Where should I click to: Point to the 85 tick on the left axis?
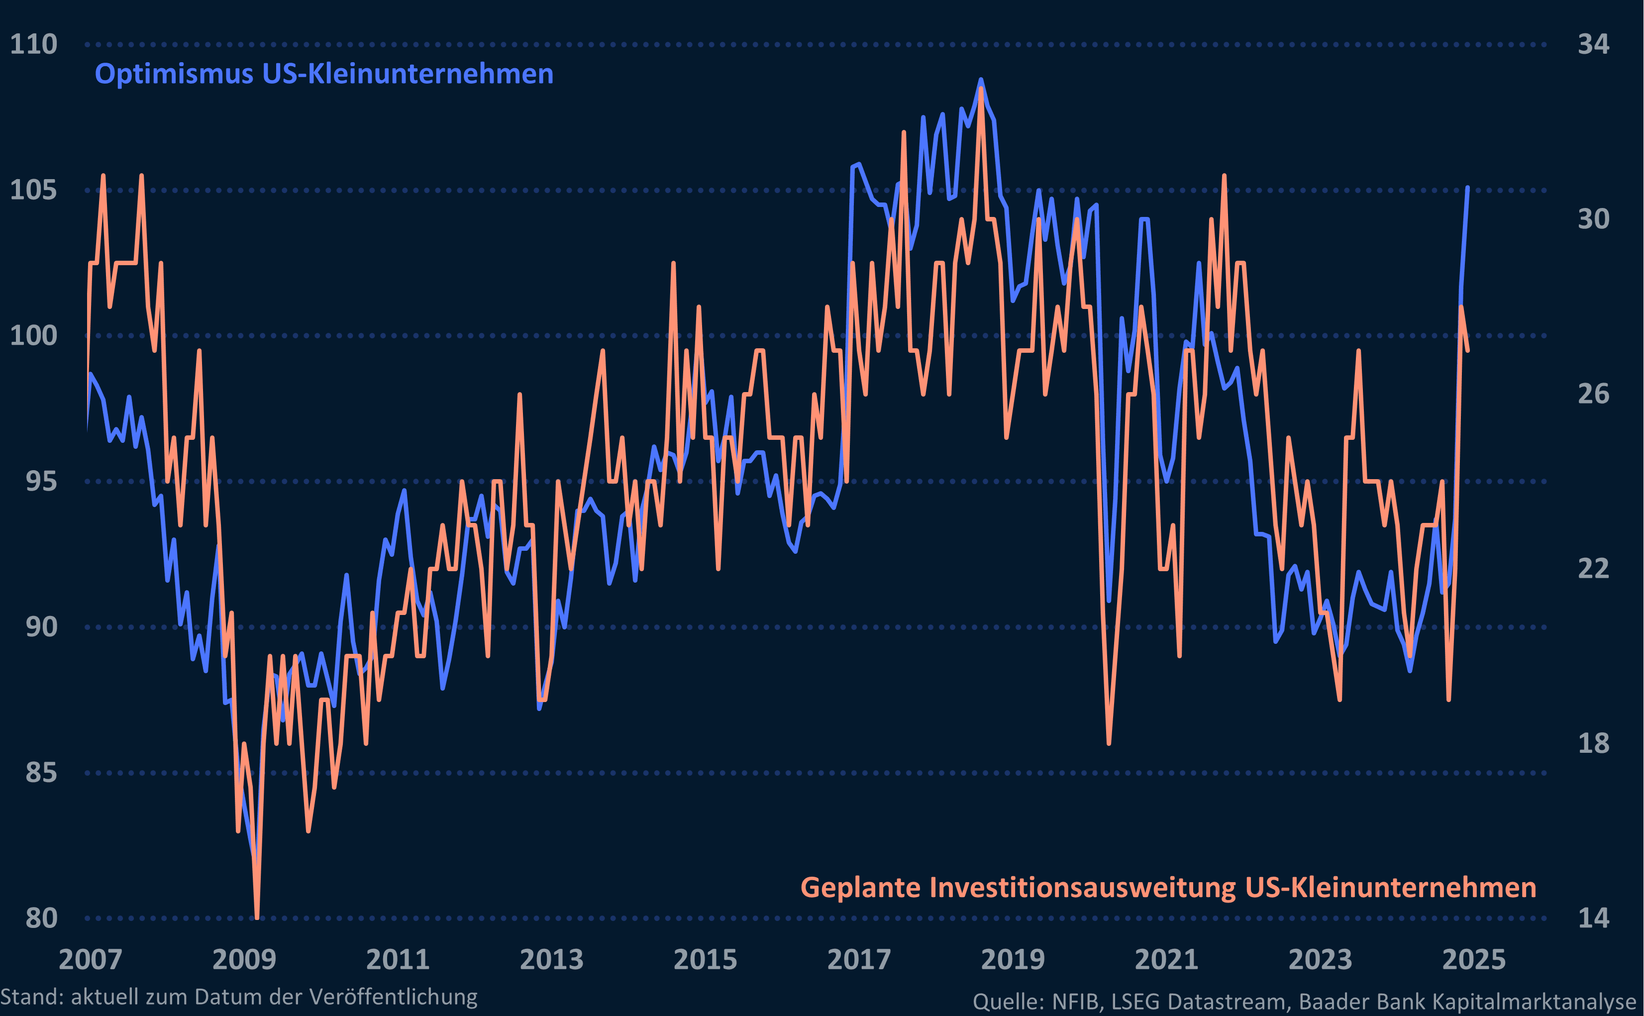click(x=41, y=773)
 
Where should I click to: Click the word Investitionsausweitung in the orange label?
click(x=1083, y=888)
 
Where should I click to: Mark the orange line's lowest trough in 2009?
click(x=257, y=917)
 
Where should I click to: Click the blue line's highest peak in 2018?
click(x=981, y=79)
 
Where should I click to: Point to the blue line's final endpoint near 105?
click(x=1467, y=188)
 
